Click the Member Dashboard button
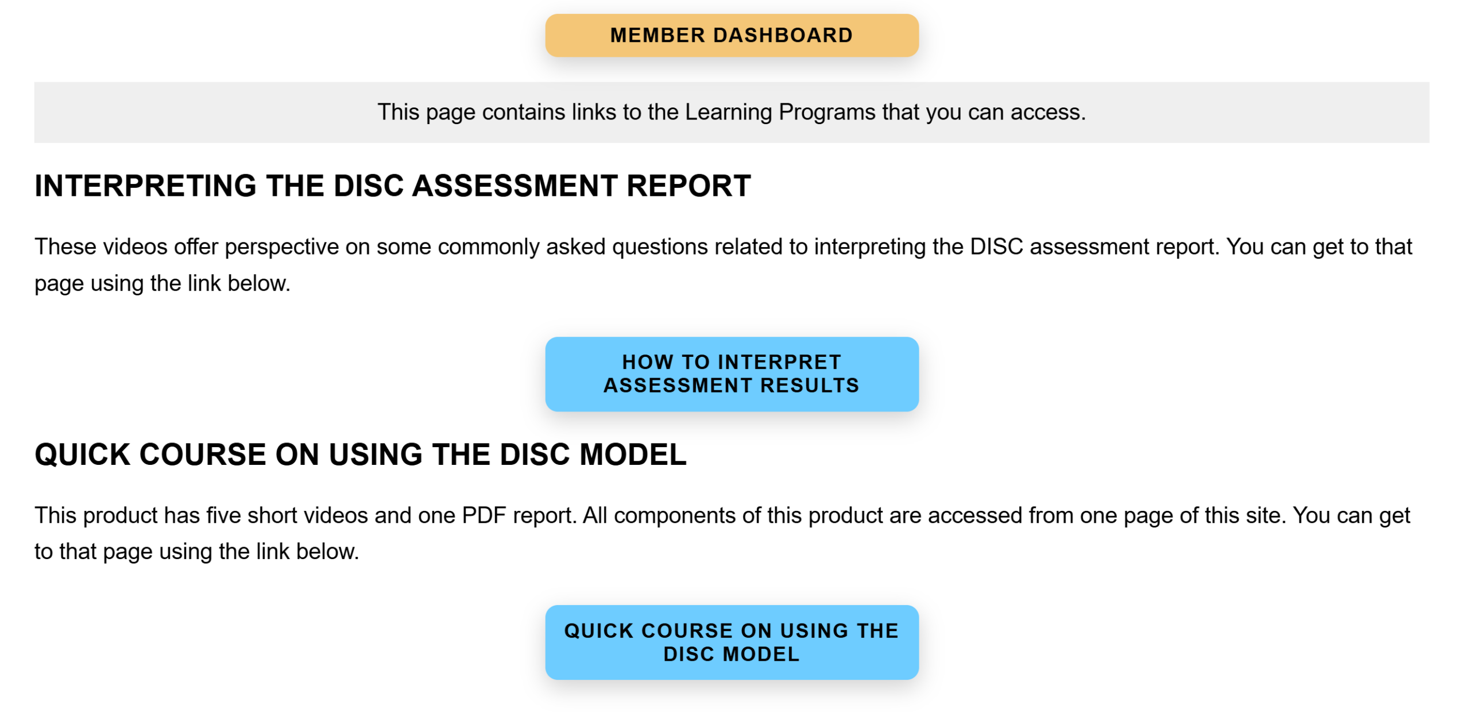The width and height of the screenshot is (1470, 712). point(732,35)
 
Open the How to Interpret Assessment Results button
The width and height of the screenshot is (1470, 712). point(732,374)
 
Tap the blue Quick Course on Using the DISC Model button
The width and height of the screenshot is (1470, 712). point(732,642)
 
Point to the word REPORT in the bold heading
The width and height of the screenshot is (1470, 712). point(688,186)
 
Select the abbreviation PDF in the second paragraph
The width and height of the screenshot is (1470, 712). point(484,515)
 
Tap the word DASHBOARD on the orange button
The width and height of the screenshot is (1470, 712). point(783,35)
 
